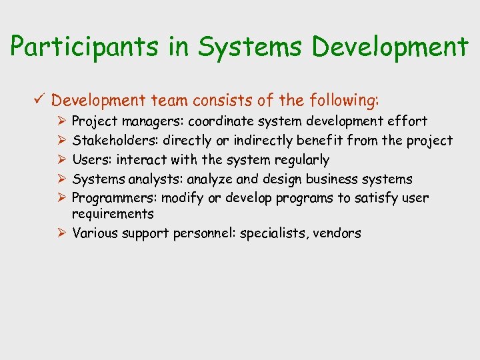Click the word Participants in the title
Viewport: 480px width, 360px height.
coord(83,47)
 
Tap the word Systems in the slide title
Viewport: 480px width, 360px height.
coord(229,47)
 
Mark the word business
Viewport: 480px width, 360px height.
coord(324,179)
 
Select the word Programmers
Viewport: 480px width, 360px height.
coord(111,198)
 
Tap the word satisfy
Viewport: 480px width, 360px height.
coord(373,198)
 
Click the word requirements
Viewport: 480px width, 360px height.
coord(113,214)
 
